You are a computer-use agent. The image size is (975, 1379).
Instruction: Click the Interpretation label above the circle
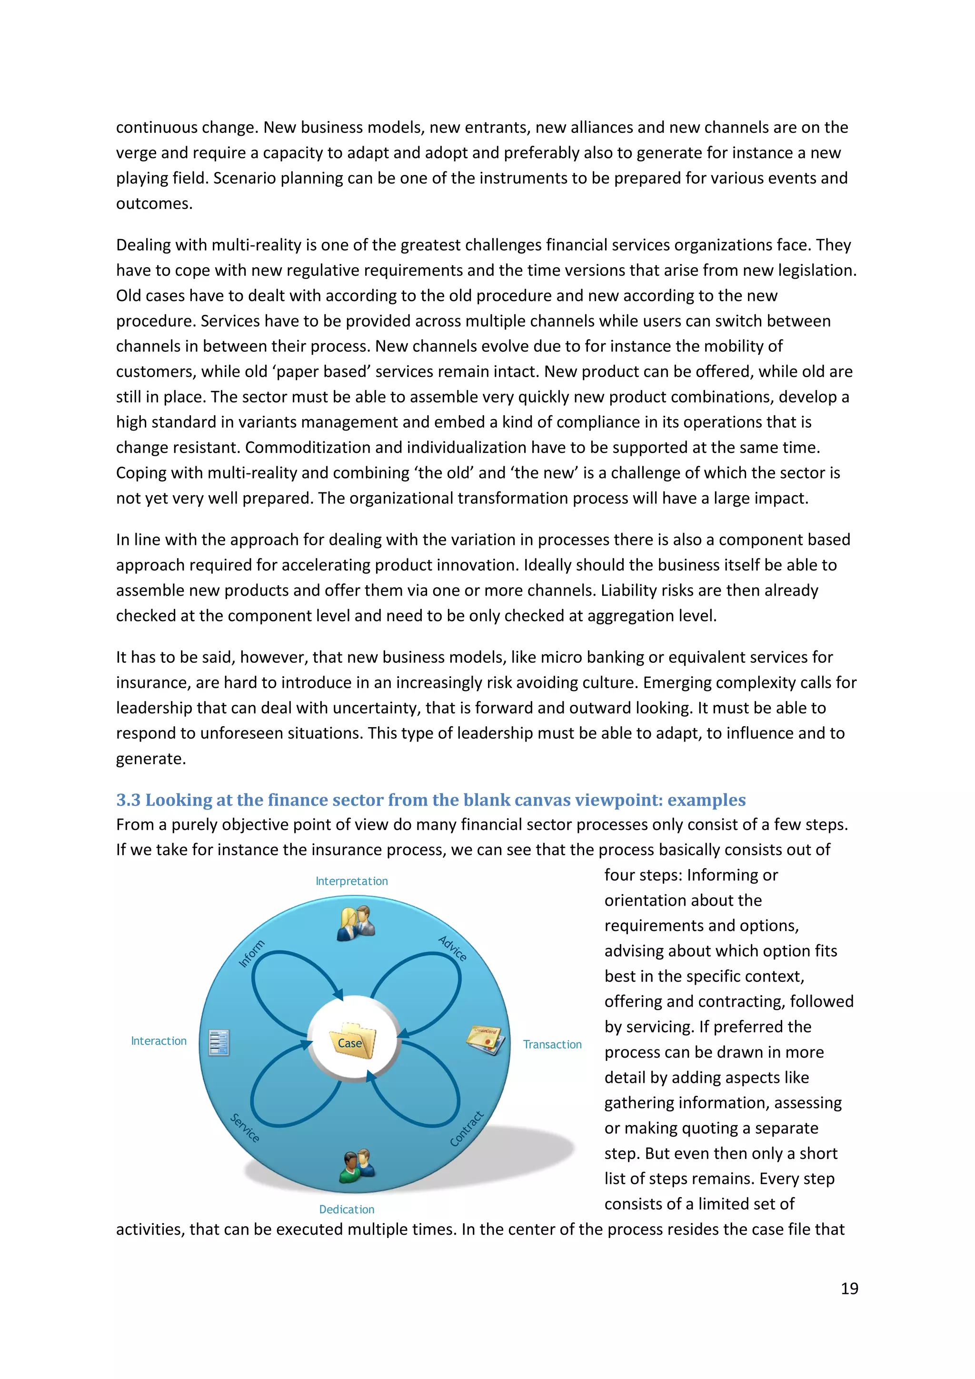pyautogui.click(x=352, y=881)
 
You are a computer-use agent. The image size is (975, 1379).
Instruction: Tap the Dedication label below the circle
pyautogui.click(x=347, y=1209)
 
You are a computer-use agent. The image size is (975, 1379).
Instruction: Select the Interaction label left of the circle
pyautogui.click(x=159, y=1041)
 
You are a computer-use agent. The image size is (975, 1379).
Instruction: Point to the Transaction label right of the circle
pyautogui.click(x=552, y=1044)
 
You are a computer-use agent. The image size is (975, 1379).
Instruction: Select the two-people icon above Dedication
pyautogui.click(x=357, y=1166)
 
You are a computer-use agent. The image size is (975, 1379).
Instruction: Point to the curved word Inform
pyautogui.click(x=251, y=954)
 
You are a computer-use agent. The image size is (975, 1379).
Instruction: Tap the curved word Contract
pyautogui.click(x=467, y=1129)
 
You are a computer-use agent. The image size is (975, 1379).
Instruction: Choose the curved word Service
pyautogui.click(x=245, y=1128)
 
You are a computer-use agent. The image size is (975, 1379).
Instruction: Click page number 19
pyautogui.click(x=849, y=1289)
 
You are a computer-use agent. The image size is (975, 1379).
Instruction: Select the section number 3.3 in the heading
pyautogui.click(x=128, y=800)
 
